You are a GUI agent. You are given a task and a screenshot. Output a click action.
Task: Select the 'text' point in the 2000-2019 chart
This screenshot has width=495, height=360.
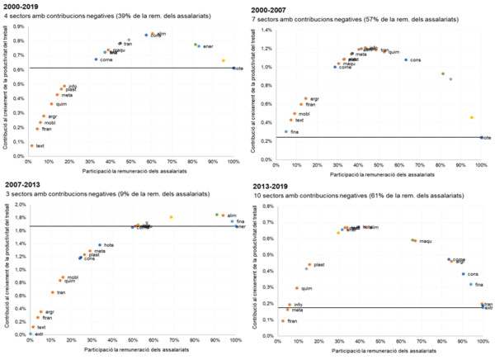(x=32, y=145)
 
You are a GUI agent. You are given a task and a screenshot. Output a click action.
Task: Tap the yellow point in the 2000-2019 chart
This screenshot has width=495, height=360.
(x=224, y=60)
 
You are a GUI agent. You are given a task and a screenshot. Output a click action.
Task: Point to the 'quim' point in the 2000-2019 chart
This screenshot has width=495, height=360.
(x=51, y=104)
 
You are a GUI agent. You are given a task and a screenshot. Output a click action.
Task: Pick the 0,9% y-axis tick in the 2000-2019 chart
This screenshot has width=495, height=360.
(x=19, y=26)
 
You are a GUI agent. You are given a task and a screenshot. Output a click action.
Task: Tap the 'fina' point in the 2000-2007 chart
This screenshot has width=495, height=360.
(x=286, y=131)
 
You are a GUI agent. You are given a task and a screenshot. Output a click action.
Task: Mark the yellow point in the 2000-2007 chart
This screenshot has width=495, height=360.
(x=472, y=117)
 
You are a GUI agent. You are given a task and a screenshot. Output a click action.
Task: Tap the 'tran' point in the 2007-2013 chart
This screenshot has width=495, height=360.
(x=52, y=292)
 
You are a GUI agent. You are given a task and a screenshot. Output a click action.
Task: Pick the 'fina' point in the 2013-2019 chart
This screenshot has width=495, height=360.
(x=471, y=284)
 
